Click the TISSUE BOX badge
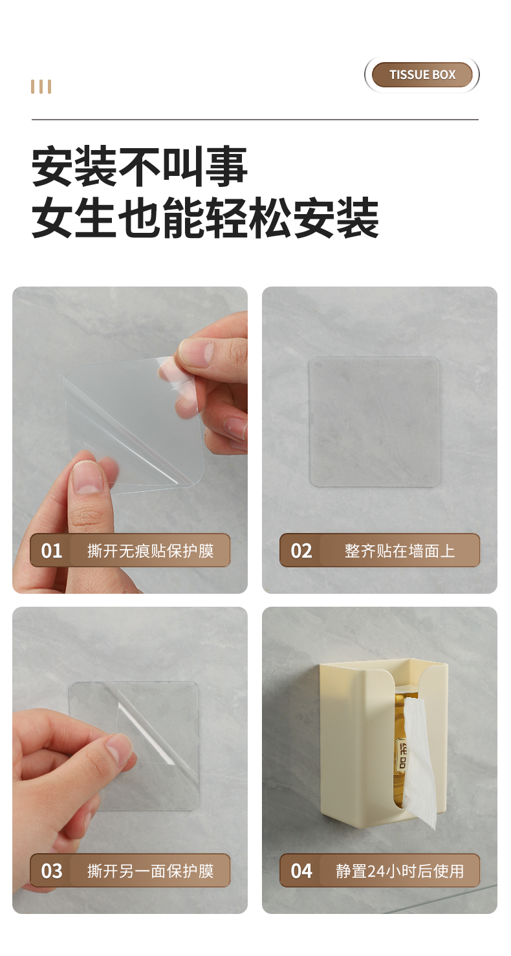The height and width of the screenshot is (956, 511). [422, 74]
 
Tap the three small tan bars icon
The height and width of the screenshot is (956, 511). [41, 87]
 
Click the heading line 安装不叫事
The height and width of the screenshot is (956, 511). [140, 166]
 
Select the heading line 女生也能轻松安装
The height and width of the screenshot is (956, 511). [205, 218]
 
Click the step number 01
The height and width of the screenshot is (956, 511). [52, 550]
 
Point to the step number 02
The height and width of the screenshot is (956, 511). [301, 550]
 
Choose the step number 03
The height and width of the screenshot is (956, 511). [52, 871]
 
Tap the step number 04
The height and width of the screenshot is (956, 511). [301, 871]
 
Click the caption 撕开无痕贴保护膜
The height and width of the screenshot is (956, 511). [150, 551]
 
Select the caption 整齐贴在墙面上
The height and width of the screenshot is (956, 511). [400, 551]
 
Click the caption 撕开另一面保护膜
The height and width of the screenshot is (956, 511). [150, 871]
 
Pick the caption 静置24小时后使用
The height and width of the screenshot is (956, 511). [400, 871]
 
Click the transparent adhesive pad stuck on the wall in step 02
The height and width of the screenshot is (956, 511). [375, 422]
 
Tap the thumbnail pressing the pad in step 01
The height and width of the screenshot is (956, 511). [88, 477]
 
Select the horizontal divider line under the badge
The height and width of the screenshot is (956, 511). [255, 120]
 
